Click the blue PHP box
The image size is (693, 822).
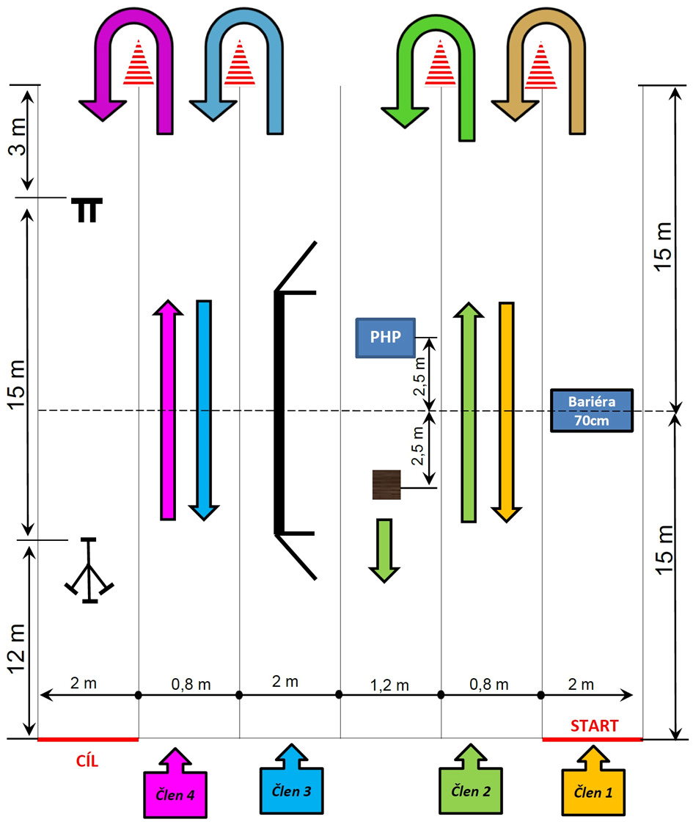pos(385,338)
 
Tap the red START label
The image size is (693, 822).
pos(594,726)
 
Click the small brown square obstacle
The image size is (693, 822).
pos(386,485)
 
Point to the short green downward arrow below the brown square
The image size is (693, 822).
pos(384,550)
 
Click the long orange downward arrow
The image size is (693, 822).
pos(505,411)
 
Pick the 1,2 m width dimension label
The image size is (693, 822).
pos(391,685)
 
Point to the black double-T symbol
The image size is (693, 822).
pos(87,210)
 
